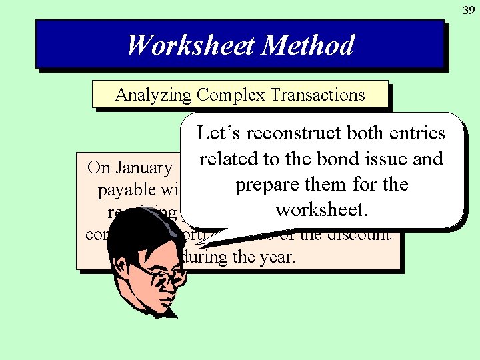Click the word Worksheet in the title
pyautogui.click(x=191, y=45)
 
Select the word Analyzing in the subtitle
pyautogui.click(x=153, y=95)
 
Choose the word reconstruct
pyautogui.click(x=293, y=133)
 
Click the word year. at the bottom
pyautogui.click(x=274, y=256)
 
